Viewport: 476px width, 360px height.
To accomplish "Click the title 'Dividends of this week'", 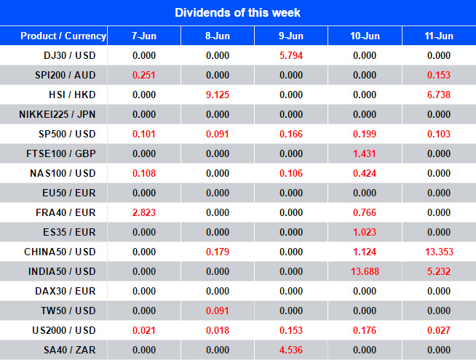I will pyautogui.click(x=237, y=13).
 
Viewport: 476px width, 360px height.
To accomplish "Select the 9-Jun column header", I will pyautogui.click(x=291, y=36).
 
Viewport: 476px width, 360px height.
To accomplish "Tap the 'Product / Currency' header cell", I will pyautogui.click(x=63, y=36).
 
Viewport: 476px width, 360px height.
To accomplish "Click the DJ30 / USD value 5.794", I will pyautogui.click(x=291, y=55).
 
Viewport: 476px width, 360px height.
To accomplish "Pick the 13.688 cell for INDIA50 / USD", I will pyautogui.click(x=365, y=271).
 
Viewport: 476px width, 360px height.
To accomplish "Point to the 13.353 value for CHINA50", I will pyautogui.click(x=439, y=252).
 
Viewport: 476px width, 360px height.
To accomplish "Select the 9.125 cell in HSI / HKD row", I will pyautogui.click(x=218, y=95).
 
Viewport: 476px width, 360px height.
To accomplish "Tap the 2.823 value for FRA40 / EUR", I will pyautogui.click(x=143, y=212).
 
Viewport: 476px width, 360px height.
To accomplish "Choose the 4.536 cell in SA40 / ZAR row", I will pyautogui.click(x=291, y=350).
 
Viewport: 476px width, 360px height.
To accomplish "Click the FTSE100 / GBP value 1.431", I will pyautogui.click(x=365, y=153).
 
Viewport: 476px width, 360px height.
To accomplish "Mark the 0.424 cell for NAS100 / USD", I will pyautogui.click(x=365, y=173).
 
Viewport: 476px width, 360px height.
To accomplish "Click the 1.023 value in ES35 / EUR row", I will pyautogui.click(x=365, y=232).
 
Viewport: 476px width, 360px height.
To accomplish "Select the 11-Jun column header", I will pyautogui.click(x=439, y=36).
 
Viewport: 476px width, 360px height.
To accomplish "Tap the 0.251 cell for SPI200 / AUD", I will pyautogui.click(x=143, y=75).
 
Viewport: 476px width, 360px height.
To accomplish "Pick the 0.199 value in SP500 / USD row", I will pyautogui.click(x=365, y=134).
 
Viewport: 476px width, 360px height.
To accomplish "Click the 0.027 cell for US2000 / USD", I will pyautogui.click(x=439, y=330).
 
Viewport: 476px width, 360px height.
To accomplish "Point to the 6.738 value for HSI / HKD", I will pyautogui.click(x=439, y=95).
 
